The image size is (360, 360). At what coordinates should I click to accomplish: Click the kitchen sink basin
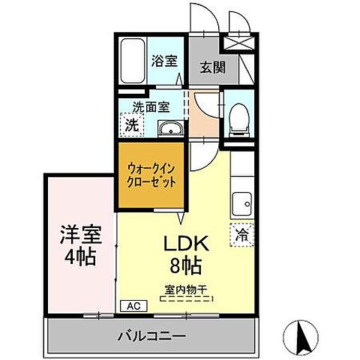coord(242,203)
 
